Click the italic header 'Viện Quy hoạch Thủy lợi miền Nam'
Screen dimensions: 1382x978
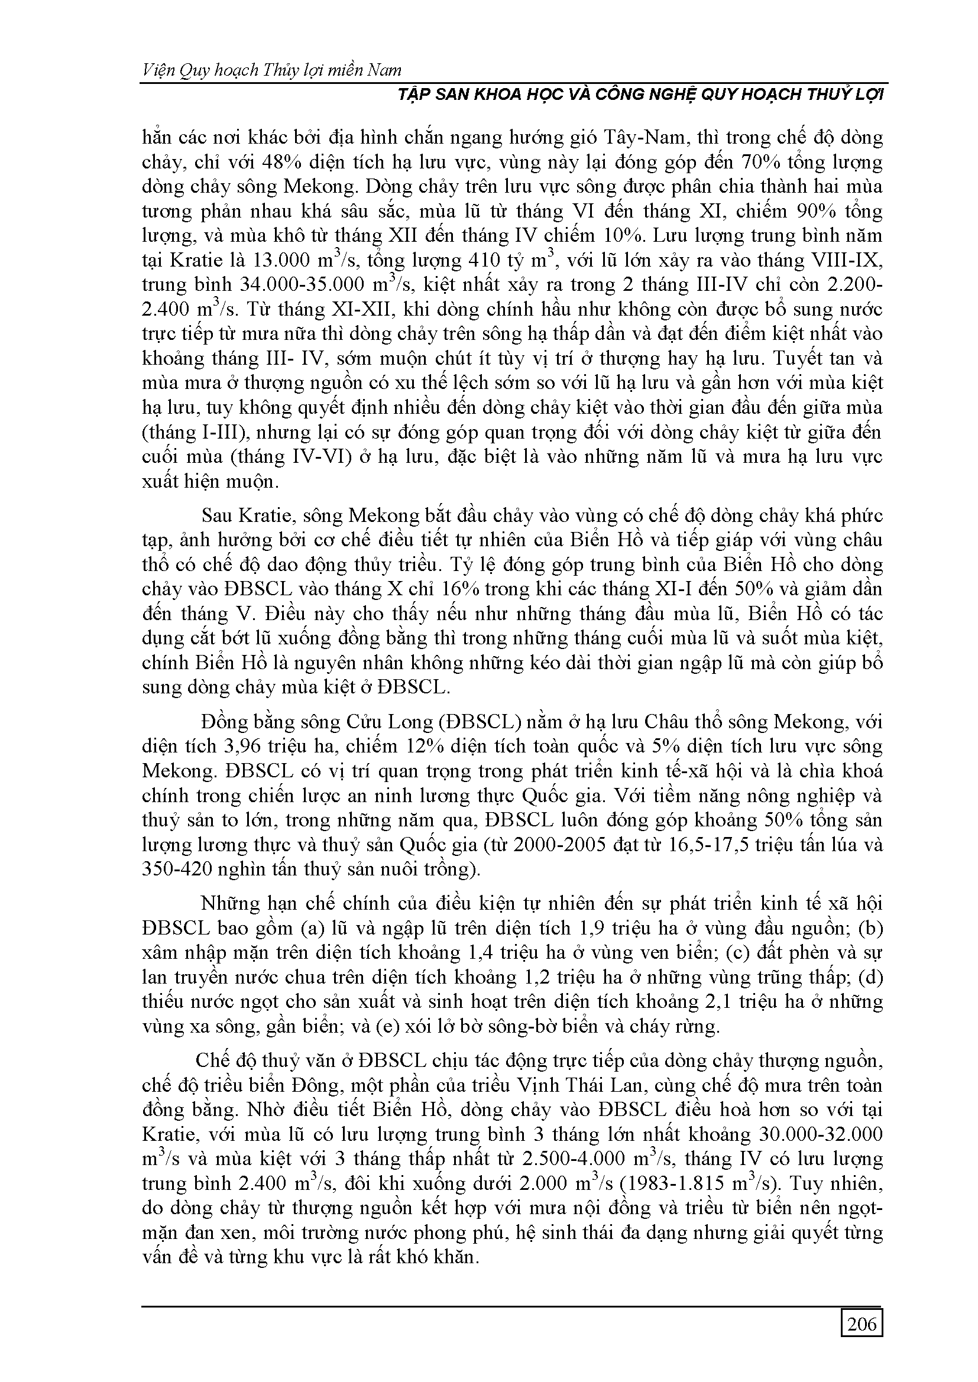[x=271, y=70]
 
